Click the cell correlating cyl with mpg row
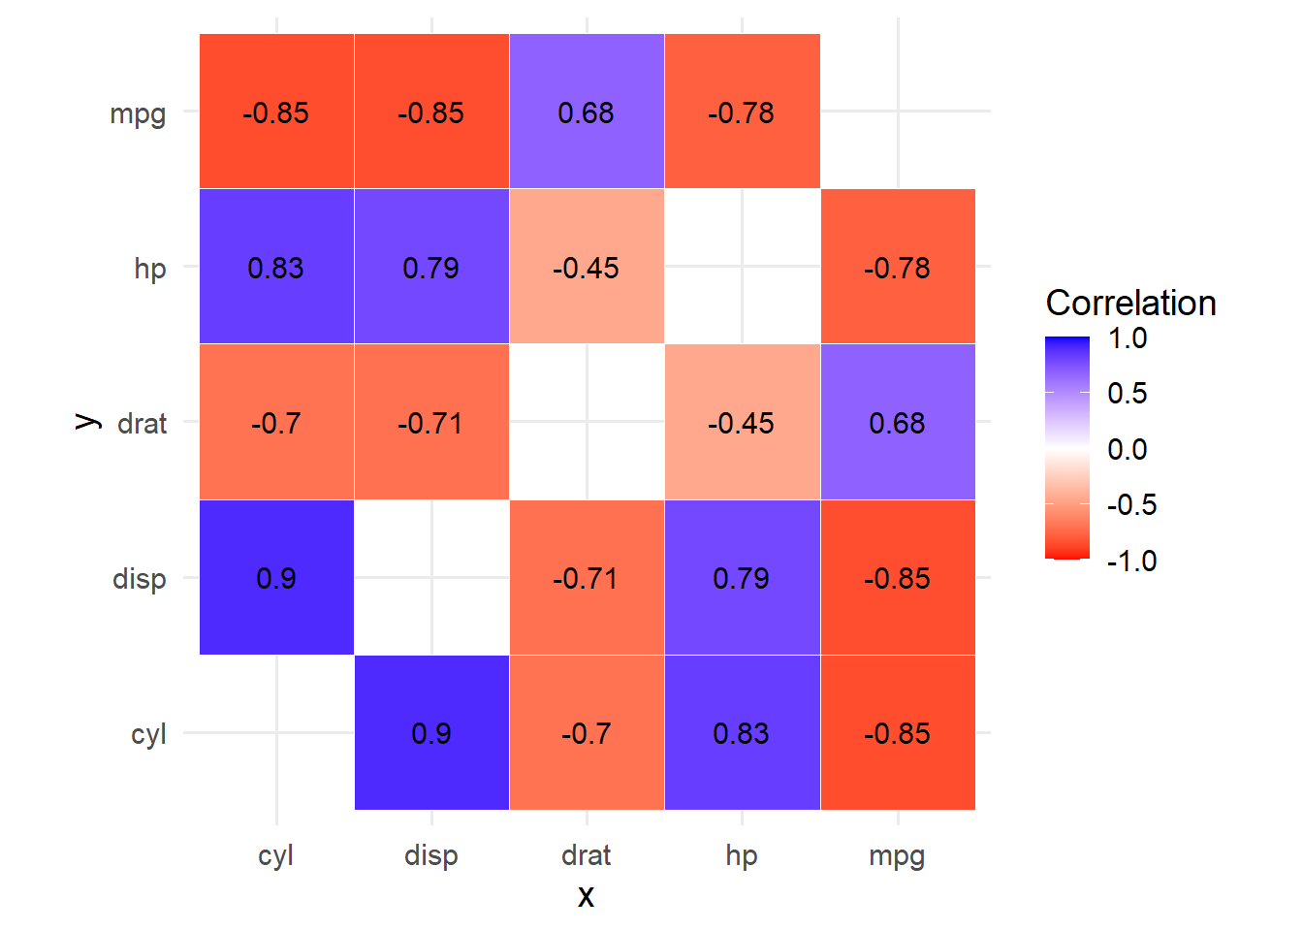pyautogui.click(x=276, y=112)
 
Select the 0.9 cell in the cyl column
pyautogui.click(x=276, y=578)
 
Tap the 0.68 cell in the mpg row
pyautogui.click(x=587, y=112)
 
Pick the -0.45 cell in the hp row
pyautogui.click(x=587, y=267)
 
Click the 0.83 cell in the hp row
pyautogui.click(x=276, y=267)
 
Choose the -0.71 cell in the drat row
pyautogui.click(x=431, y=423)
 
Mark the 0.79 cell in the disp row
pyautogui.click(x=742, y=578)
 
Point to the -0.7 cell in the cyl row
pyautogui.click(x=587, y=733)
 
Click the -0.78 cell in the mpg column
pyautogui.click(x=898, y=267)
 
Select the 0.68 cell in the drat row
pyautogui.click(x=898, y=423)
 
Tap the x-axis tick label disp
pyautogui.click(x=431, y=855)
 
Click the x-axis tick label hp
pyautogui.click(x=742, y=855)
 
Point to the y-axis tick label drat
pyautogui.click(x=142, y=424)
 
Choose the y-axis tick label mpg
pyautogui.click(x=138, y=113)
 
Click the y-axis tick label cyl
pyautogui.click(x=148, y=734)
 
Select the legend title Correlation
pyautogui.click(x=1130, y=303)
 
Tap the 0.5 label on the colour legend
pyautogui.click(x=1128, y=393)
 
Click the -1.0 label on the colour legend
pyautogui.click(x=1131, y=561)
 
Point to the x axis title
pyautogui.click(x=586, y=895)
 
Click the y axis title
pyautogui.click(x=87, y=422)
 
